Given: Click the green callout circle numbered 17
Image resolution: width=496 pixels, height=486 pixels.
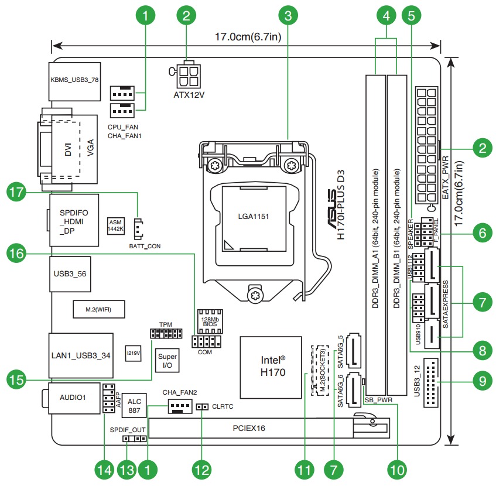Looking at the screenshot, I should tap(18, 191).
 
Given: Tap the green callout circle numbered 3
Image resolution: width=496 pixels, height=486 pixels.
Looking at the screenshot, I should tap(288, 16).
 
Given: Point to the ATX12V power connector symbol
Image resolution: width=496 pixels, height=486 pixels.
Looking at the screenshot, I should tap(188, 74).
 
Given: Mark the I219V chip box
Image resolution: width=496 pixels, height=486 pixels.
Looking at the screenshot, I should tap(134, 352).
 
